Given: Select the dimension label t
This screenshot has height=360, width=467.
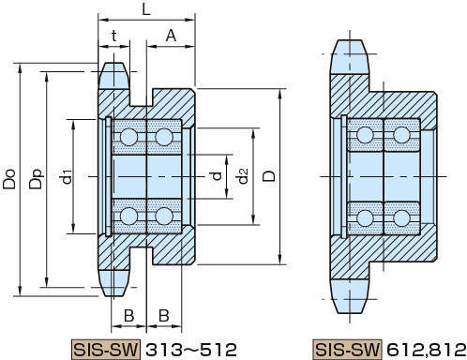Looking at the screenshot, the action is (x=114, y=36).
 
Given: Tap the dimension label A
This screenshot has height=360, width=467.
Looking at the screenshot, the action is (x=171, y=36).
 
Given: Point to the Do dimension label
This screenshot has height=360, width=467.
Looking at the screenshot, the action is (x=9, y=179).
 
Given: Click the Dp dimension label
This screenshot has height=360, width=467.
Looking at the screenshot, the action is (x=36, y=179).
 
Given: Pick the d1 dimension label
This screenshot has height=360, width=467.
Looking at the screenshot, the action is (x=66, y=176).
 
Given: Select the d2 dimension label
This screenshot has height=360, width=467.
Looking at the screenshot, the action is (x=241, y=175).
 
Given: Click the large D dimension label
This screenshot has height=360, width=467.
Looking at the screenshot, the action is (x=269, y=176).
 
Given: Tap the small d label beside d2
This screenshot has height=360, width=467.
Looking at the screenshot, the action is (x=217, y=176).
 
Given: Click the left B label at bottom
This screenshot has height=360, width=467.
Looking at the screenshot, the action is (x=129, y=316).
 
